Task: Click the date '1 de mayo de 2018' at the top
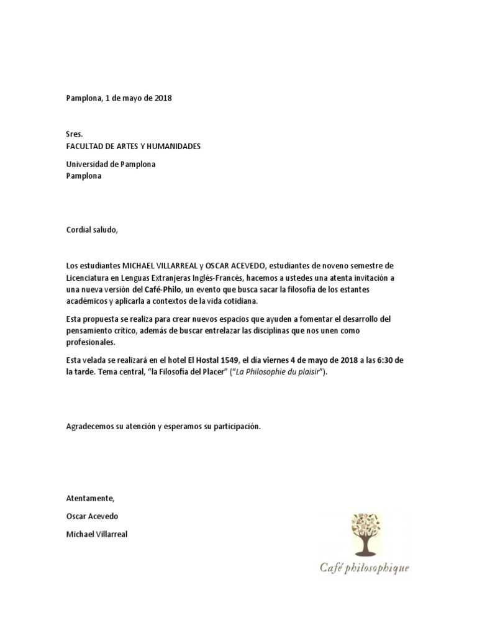(137, 98)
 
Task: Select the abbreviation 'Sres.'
(75, 134)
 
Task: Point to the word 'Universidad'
(88, 165)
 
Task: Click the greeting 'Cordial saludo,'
(91, 230)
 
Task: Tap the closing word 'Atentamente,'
(91, 498)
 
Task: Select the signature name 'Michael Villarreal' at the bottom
(96, 534)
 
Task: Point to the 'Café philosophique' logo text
(365, 567)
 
